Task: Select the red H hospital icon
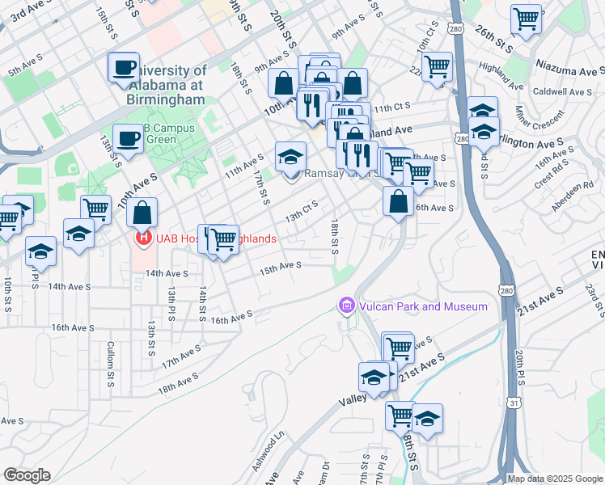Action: pyautogui.click(x=143, y=238)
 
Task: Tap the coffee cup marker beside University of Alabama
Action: pyautogui.click(x=125, y=67)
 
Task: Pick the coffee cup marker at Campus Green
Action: pyautogui.click(x=128, y=138)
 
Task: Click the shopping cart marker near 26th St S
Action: pyautogui.click(x=526, y=19)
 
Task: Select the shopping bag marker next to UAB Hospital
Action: pyautogui.click(x=142, y=214)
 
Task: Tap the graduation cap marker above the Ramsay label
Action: pyautogui.click(x=291, y=157)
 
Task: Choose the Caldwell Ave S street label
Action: pyautogui.click(x=563, y=92)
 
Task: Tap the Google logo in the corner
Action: pyautogui.click(x=27, y=475)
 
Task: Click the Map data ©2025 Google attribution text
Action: pyautogui.click(x=555, y=479)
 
